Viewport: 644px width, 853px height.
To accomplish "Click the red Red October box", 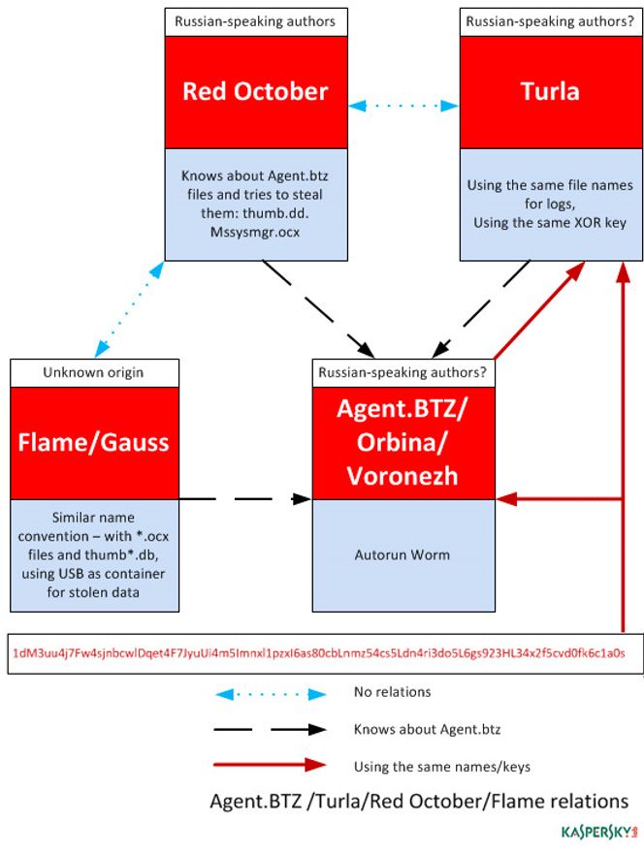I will coord(256,92).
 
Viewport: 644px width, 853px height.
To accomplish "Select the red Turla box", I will coord(550,92).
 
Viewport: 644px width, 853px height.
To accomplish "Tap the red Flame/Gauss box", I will coord(95,443).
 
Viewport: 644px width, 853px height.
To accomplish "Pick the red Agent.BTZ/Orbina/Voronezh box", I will coord(403,443).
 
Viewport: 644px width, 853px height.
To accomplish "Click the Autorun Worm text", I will coord(403,555).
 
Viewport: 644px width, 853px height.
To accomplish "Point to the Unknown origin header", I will coord(95,372).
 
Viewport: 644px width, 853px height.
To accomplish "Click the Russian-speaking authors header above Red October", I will coord(256,20).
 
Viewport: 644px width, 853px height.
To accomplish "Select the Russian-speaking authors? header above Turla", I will coord(550,20).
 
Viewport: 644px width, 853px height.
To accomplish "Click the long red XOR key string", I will coord(319,653).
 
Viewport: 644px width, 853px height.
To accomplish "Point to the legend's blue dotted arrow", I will coord(270,693).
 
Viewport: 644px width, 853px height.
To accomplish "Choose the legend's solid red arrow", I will coord(270,765).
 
